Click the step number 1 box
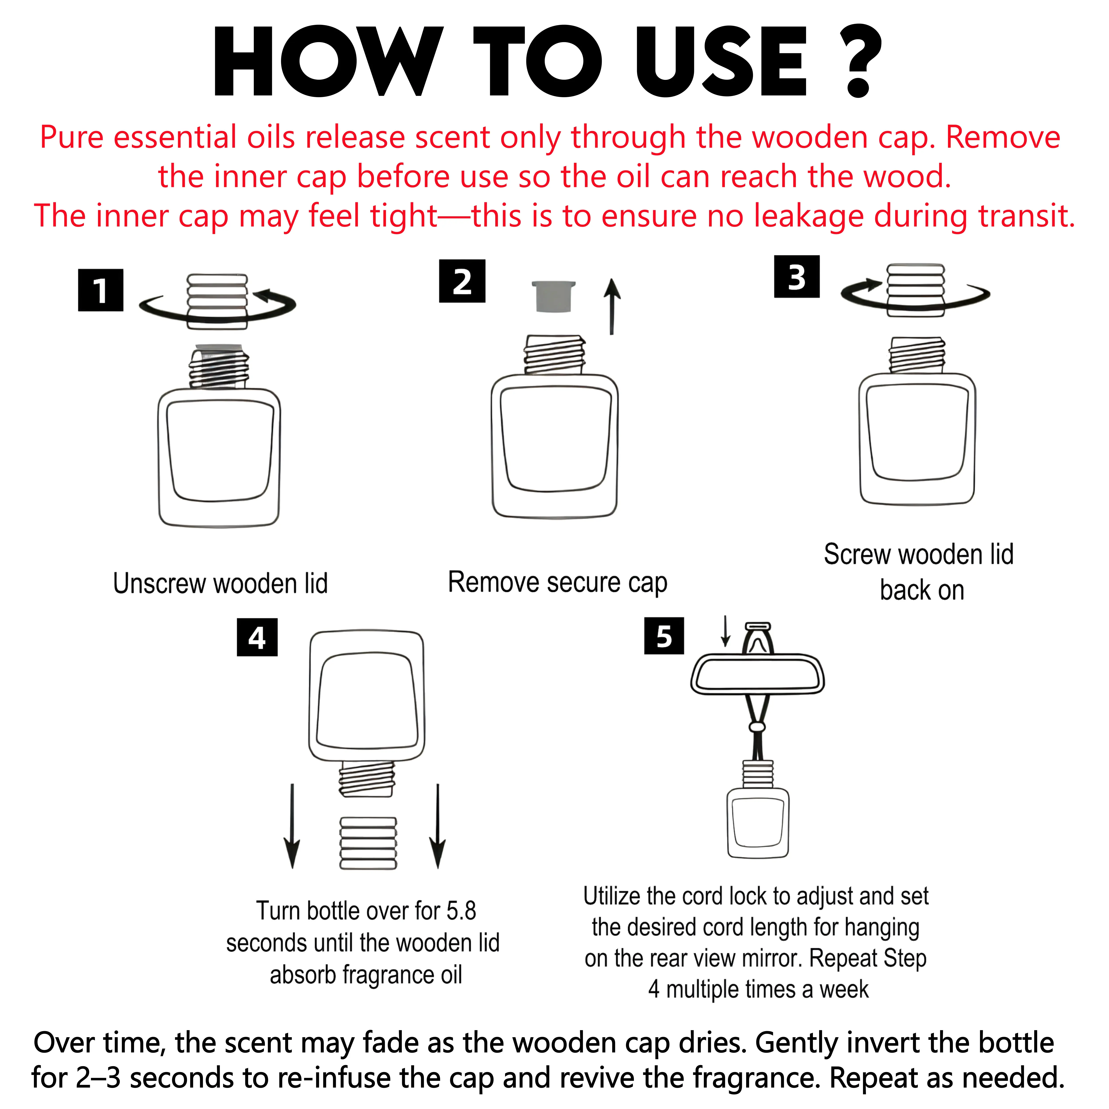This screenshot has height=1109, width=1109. (100, 290)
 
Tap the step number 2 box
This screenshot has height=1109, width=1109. (462, 281)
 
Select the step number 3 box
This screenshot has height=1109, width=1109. (797, 277)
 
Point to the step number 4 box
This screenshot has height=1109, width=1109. (257, 637)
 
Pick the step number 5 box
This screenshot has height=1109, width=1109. (664, 636)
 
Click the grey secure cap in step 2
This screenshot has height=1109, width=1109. (553, 296)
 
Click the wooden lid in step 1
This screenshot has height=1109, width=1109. (218, 301)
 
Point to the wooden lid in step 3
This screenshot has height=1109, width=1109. (916, 290)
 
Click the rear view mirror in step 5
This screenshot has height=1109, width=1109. (758, 674)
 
